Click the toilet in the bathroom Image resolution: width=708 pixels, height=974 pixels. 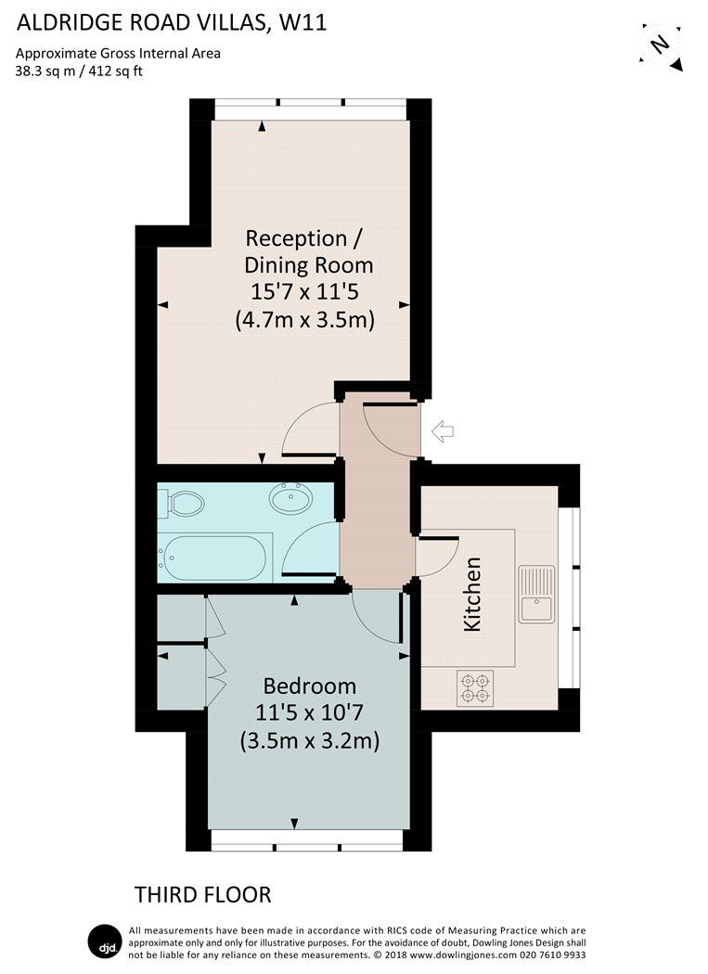click(181, 504)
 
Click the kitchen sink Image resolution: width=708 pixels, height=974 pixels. click(537, 594)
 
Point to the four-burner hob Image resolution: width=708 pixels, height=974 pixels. click(475, 688)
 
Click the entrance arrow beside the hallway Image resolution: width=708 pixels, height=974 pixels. click(443, 431)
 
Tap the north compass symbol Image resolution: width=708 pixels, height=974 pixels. click(661, 47)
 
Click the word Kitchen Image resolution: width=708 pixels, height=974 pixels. click(472, 595)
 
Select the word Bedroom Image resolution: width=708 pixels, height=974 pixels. click(310, 686)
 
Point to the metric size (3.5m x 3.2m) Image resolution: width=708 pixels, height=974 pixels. click(310, 740)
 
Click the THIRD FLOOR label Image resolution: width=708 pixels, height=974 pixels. click(202, 895)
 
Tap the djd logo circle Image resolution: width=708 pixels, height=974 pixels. click(106, 943)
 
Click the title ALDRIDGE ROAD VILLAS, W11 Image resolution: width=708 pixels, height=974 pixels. click(171, 23)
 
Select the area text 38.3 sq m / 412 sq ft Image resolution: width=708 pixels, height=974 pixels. click(79, 70)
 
